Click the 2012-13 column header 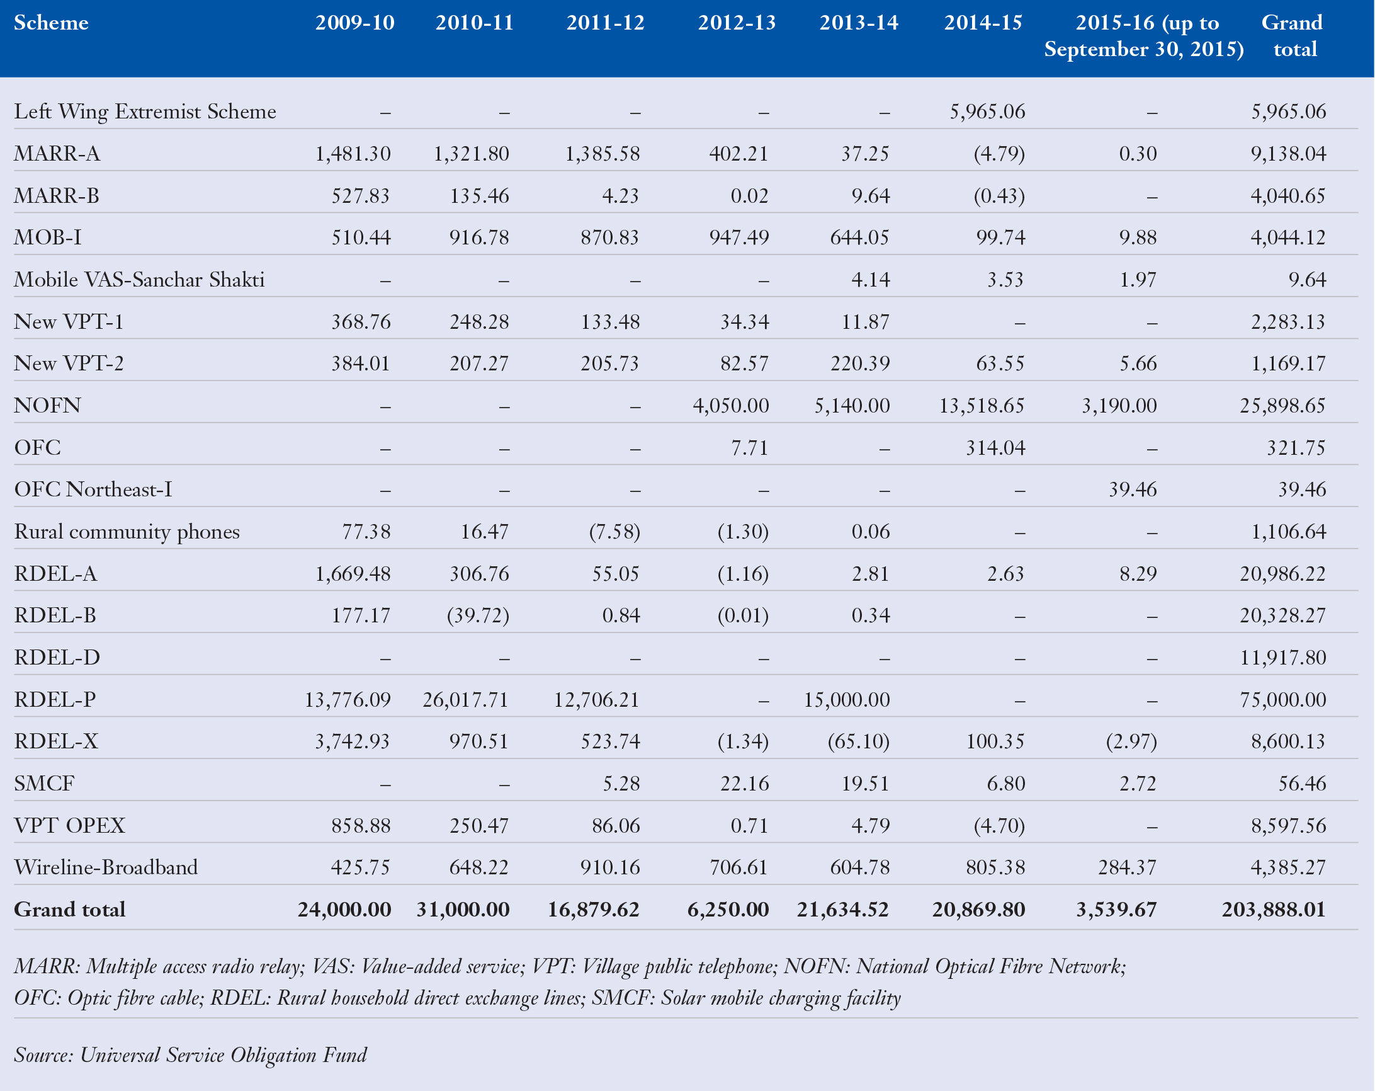coord(736,23)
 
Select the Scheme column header coord(51,23)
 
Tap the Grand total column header coord(1292,36)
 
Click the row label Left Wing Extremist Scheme coord(145,111)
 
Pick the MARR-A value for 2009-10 coord(353,154)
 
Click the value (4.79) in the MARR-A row coord(999,154)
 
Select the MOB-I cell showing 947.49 coord(739,238)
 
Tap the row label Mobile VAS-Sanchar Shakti coord(139,280)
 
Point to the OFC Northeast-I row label coord(93,489)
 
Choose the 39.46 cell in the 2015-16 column coord(1132,489)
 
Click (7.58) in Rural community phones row coord(614,532)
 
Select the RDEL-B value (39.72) coord(478,615)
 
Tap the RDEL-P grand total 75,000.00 coord(1282,700)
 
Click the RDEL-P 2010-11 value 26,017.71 coord(465,700)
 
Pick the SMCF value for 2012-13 coord(744,784)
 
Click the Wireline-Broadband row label coord(106,867)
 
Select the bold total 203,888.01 coord(1274,910)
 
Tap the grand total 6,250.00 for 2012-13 coord(728,910)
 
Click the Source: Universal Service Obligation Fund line coord(190,1055)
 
